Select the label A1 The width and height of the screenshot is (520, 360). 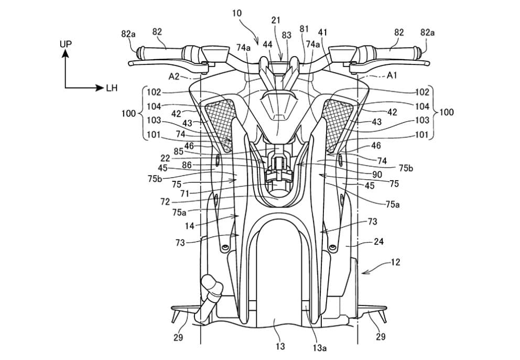tap(392, 75)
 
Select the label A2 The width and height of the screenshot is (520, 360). tap(175, 76)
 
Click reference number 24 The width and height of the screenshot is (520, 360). tap(378, 243)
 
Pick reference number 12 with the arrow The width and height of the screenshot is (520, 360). tap(395, 262)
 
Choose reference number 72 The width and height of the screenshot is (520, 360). tap(164, 201)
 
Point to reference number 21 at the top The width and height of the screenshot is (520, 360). tap(276, 20)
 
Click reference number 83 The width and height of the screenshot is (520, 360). tap(287, 35)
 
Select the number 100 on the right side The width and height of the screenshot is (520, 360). tap(447, 112)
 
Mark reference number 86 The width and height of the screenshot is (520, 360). tap(187, 164)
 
